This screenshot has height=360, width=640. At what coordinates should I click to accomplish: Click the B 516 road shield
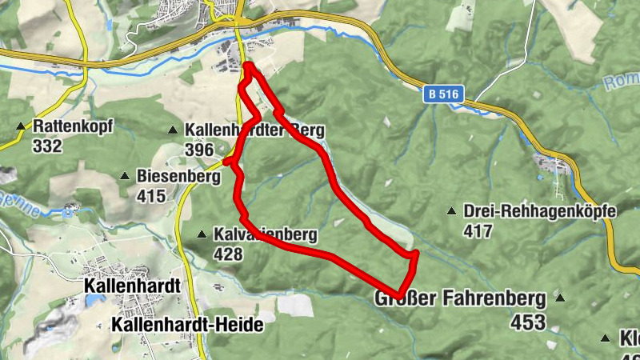tap(443, 94)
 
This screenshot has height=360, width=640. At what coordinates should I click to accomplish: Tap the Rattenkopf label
tap(74, 126)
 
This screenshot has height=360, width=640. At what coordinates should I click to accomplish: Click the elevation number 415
tap(151, 196)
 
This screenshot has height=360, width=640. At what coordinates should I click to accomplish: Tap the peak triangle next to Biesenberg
tap(125, 176)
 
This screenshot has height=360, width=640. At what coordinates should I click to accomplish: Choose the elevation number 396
tap(199, 150)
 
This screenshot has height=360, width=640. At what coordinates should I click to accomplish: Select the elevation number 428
tap(229, 254)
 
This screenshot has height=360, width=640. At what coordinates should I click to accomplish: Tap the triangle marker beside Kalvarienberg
tap(202, 234)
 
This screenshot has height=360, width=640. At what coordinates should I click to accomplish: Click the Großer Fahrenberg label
tap(460, 299)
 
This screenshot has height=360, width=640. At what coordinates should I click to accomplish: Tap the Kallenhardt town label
tap(132, 286)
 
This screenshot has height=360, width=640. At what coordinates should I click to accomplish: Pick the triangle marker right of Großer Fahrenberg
tap(560, 299)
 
